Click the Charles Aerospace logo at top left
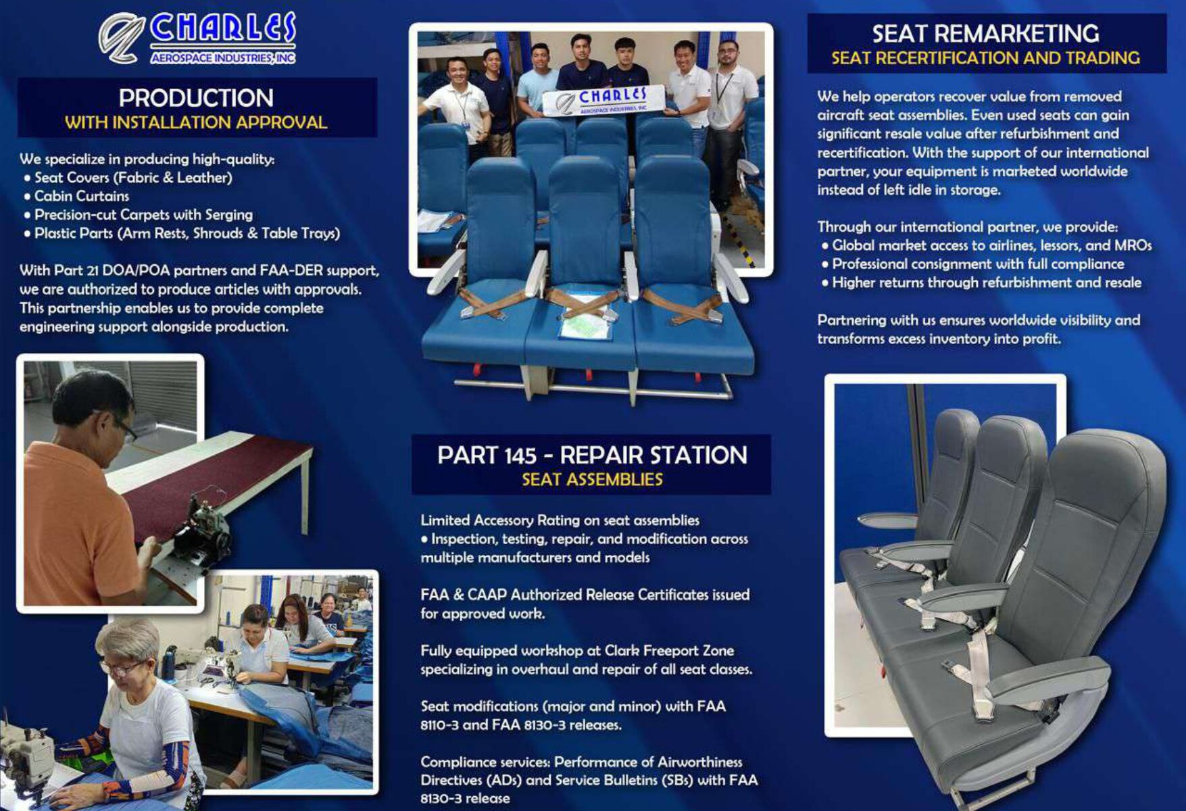click(x=197, y=39)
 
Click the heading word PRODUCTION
click(x=196, y=98)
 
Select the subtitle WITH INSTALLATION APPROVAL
click(x=196, y=122)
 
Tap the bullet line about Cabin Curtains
click(x=76, y=196)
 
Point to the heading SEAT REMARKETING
click(x=985, y=34)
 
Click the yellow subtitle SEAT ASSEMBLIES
click(x=592, y=479)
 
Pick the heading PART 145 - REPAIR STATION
click(x=592, y=455)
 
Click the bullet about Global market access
click(x=987, y=245)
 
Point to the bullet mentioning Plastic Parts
click(x=182, y=233)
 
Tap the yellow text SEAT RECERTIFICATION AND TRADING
click(x=985, y=58)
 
